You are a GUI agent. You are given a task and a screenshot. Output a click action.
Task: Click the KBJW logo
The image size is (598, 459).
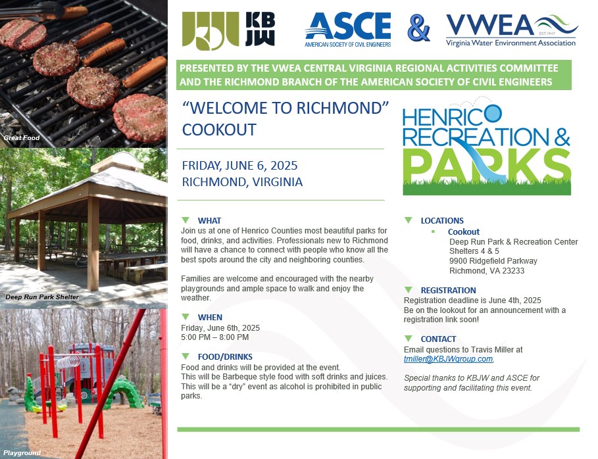(x=228, y=30)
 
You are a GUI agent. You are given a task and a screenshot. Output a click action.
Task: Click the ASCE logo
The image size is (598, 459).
(x=348, y=30)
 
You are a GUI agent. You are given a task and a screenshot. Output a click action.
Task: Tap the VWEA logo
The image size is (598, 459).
(x=512, y=30)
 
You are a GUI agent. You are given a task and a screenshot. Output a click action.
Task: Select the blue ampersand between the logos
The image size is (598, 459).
(x=418, y=28)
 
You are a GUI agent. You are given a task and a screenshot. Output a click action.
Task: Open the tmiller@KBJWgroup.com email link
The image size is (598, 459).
(x=449, y=359)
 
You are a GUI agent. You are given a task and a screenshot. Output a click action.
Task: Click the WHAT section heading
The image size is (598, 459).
(x=209, y=221)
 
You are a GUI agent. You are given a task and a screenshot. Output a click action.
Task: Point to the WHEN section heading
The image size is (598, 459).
(x=210, y=317)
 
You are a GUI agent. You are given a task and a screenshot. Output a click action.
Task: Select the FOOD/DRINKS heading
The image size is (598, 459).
(x=225, y=357)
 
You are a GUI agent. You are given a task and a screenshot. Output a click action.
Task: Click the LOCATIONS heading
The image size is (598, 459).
(x=442, y=221)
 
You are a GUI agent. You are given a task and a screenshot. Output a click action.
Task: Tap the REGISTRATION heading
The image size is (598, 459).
(x=448, y=291)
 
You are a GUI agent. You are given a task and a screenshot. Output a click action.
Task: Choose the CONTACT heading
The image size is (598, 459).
(x=438, y=339)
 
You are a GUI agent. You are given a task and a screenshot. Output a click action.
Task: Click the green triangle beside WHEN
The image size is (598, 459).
(x=186, y=317)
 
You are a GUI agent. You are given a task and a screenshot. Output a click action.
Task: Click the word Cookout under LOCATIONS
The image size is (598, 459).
(x=463, y=231)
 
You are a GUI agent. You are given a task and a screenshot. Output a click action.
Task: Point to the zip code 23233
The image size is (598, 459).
(x=513, y=271)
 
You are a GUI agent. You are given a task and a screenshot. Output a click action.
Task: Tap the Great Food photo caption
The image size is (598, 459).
(x=22, y=138)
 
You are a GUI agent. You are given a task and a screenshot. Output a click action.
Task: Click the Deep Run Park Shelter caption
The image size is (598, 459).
(x=42, y=297)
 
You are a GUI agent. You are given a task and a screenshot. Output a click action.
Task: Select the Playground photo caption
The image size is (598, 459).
(x=22, y=453)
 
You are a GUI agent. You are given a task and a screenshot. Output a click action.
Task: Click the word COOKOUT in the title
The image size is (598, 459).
(x=219, y=130)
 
